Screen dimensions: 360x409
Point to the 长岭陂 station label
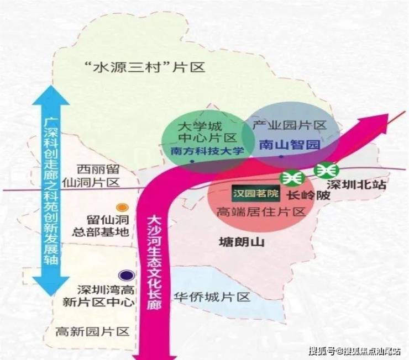pyautogui.click(x=301, y=195)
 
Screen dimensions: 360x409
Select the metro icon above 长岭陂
pyautogui.click(x=290, y=178)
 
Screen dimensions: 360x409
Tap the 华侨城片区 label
pyautogui.click(x=212, y=297)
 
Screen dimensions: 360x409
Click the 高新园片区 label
pyautogui.click(x=92, y=332)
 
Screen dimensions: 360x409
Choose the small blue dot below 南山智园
pyautogui.click(x=281, y=157)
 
